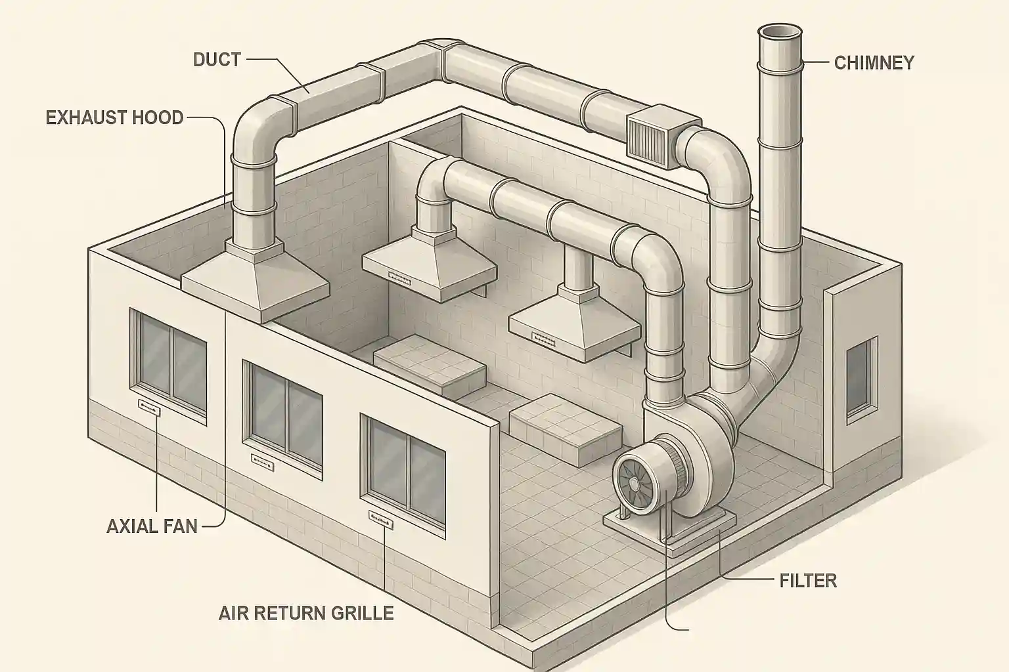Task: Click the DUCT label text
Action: point(217,60)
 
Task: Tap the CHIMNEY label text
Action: point(874,63)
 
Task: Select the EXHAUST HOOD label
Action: point(115,118)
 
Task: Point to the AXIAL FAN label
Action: point(152,526)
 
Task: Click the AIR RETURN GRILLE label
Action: point(306,613)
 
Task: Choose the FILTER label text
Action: point(808,580)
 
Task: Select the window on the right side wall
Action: point(861,378)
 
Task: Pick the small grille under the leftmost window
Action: point(149,408)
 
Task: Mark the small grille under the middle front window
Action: point(261,461)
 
